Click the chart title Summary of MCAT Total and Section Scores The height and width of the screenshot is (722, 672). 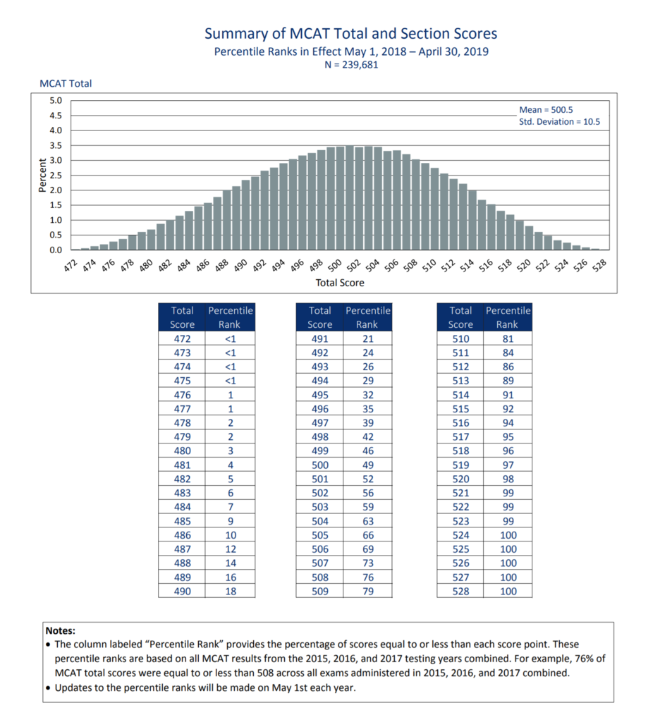click(x=350, y=34)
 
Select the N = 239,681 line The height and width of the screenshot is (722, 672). click(x=350, y=65)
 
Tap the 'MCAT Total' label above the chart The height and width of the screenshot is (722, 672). click(x=66, y=83)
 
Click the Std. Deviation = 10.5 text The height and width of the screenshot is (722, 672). click(x=559, y=122)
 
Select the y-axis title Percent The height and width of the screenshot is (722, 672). click(x=42, y=175)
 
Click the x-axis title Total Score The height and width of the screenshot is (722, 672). click(x=340, y=283)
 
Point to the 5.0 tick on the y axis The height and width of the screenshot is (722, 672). click(x=55, y=100)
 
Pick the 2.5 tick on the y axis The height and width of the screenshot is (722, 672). click(x=55, y=175)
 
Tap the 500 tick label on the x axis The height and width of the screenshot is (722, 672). click(x=336, y=265)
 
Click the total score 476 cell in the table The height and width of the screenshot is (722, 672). click(x=182, y=395)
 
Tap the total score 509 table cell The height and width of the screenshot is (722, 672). click(x=319, y=591)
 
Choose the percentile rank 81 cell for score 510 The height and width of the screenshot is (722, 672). click(x=508, y=338)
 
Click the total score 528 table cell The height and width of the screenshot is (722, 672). click(x=460, y=591)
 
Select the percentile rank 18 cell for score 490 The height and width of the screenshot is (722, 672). click(x=230, y=591)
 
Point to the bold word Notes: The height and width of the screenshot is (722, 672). click(x=60, y=631)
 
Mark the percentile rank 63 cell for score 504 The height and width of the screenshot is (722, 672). click(x=367, y=521)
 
